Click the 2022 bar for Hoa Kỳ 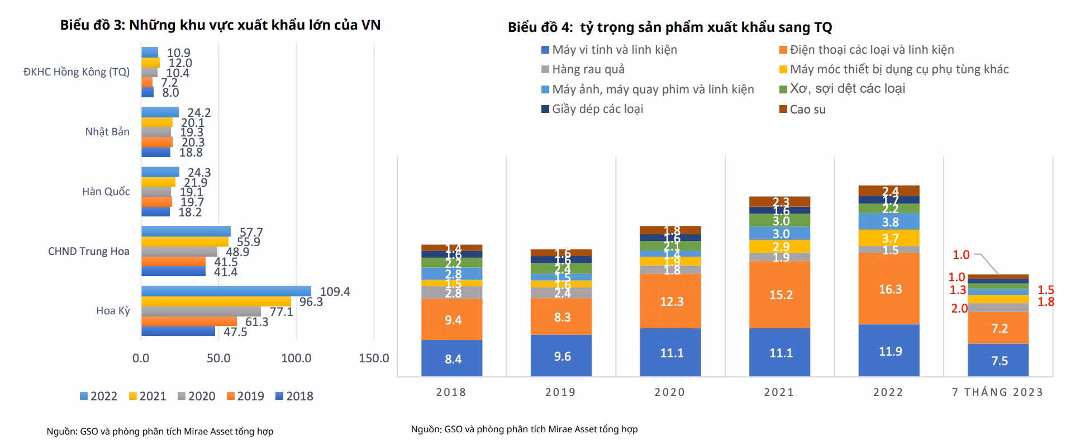pos(226,291)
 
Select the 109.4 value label pos(335,292)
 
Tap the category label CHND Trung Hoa pos(88,251)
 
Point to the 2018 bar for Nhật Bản pos(155,152)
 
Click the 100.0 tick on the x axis pos(296,358)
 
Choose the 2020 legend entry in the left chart pos(196,396)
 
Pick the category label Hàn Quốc pos(106,191)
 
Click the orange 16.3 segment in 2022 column pos(888,289)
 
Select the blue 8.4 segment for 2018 pos(451,358)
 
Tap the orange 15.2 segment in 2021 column pos(779,295)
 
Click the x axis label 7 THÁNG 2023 pos(997,392)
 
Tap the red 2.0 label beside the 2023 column pos(959,309)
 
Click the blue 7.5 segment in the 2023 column pos(998,361)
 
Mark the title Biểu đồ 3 pos(220,25)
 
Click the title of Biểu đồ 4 pos(669,27)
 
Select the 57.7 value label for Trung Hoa pos(251,232)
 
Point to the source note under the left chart pos(160,432)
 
